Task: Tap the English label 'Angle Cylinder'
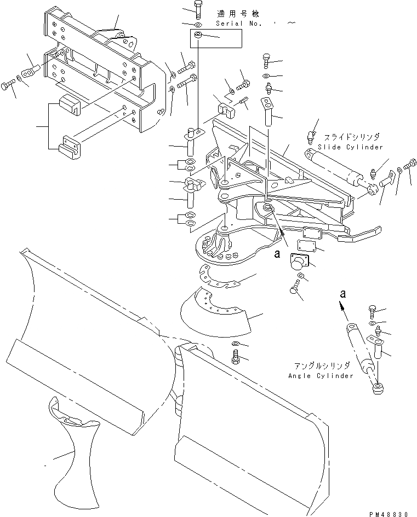321,376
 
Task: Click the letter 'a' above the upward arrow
343,294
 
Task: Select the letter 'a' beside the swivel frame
277,254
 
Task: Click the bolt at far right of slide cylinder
409,164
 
